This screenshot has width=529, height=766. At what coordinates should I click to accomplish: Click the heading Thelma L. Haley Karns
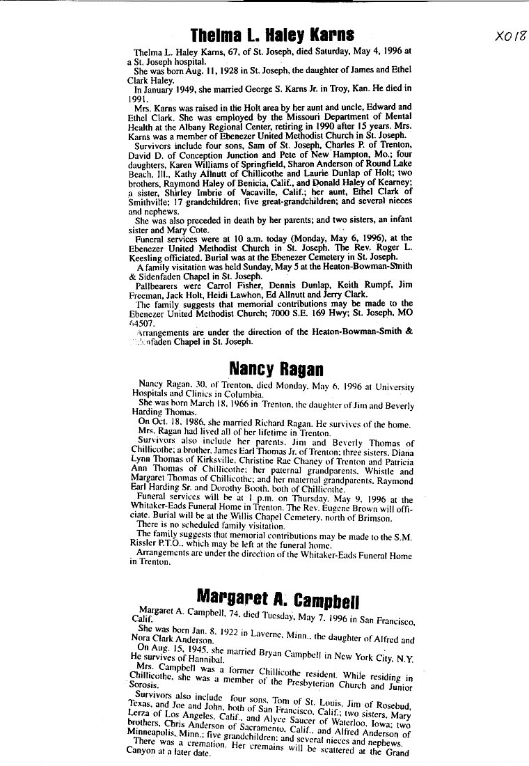273,34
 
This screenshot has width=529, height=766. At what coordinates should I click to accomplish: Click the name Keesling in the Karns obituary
149,256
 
